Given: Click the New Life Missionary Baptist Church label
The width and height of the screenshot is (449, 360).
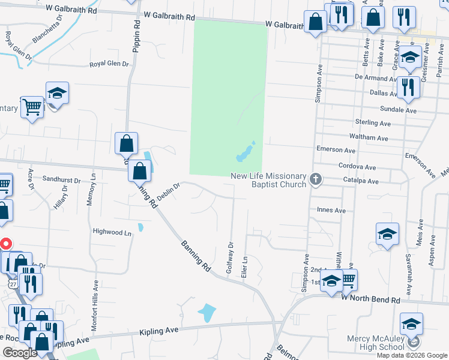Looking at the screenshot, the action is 268,179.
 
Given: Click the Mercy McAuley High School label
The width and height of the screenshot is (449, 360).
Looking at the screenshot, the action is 376,343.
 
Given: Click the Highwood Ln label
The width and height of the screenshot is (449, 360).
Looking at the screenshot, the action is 112,232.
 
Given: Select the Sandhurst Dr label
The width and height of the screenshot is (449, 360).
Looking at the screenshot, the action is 61,180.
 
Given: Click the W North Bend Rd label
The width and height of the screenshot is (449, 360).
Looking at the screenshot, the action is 370,299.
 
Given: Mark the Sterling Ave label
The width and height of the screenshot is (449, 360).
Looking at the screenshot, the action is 372,123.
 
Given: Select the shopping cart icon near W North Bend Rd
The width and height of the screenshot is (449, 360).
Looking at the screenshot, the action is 348,278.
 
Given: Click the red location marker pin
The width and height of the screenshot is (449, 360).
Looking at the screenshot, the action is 5,244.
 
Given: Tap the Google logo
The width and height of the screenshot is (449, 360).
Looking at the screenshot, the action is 19,353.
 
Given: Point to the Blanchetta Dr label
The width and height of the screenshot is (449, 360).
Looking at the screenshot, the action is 47,29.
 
